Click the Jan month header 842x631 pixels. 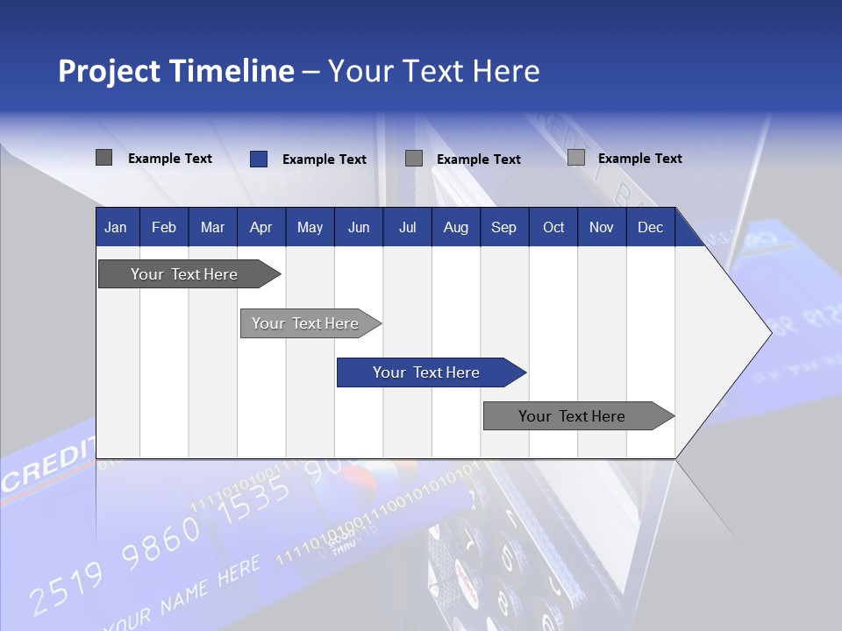116,227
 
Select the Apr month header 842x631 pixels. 260,227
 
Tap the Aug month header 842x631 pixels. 455,227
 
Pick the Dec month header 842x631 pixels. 650,227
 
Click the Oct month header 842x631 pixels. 553,227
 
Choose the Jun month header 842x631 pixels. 358,227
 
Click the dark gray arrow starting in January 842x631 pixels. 184,274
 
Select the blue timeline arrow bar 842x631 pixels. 426,372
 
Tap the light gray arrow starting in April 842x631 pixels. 305,323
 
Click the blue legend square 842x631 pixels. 258,159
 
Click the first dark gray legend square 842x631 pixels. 103,158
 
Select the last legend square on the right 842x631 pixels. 576,158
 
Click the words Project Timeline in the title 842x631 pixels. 175,71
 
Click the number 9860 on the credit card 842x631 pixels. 160,542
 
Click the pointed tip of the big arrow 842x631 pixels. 769,332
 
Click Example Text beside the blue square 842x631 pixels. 324,160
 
